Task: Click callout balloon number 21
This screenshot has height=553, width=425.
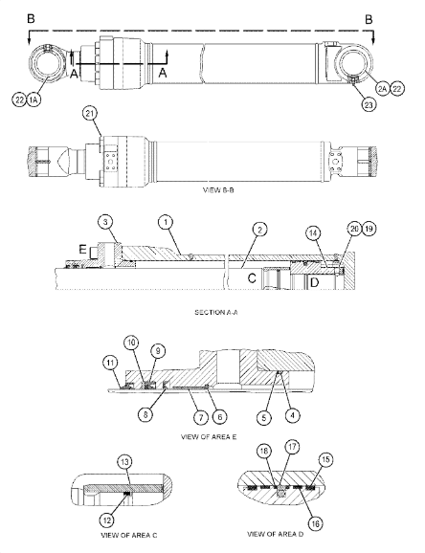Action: (x=90, y=114)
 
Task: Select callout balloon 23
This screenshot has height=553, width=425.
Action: (x=369, y=104)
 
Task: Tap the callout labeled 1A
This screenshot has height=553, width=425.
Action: (x=34, y=100)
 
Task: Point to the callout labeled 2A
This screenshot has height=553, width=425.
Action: (x=382, y=89)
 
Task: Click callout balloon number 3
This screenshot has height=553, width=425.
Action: (x=105, y=222)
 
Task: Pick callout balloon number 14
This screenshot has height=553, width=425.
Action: (x=313, y=233)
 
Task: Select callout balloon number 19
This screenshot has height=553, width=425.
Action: (x=369, y=229)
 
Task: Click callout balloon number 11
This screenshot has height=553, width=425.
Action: (x=110, y=363)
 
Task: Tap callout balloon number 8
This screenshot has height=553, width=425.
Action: (x=145, y=414)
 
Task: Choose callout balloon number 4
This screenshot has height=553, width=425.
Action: (x=292, y=415)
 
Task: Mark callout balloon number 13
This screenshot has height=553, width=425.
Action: (x=125, y=462)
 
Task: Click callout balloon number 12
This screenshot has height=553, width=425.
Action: (x=107, y=520)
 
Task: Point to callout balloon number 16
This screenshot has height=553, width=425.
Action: (x=315, y=523)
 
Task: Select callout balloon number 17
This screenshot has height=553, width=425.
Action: (x=292, y=447)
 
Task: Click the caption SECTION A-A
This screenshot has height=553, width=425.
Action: (x=216, y=312)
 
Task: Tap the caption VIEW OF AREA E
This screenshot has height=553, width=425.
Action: (x=209, y=437)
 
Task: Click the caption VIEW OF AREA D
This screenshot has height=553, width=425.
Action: (x=275, y=534)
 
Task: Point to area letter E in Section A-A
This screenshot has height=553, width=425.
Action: (x=82, y=250)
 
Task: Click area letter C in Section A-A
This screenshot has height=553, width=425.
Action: (x=252, y=278)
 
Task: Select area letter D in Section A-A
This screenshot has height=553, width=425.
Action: (x=314, y=282)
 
